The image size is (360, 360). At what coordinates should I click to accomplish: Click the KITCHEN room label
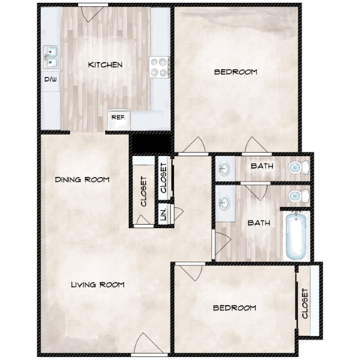[x=105, y=65]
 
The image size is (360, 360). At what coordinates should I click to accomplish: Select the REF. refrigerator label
[x=118, y=117]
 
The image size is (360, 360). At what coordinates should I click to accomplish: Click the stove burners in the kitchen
[x=159, y=67]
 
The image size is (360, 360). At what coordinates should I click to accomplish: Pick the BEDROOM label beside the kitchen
[x=235, y=73]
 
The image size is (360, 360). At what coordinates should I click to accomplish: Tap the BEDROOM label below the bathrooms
[x=233, y=308]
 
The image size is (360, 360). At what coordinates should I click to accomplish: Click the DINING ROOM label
[x=82, y=180]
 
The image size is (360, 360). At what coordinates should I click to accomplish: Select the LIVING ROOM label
[x=97, y=285]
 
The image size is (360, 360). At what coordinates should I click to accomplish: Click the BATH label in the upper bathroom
[x=262, y=166]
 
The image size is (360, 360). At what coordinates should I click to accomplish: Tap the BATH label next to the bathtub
[x=259, y=223]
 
